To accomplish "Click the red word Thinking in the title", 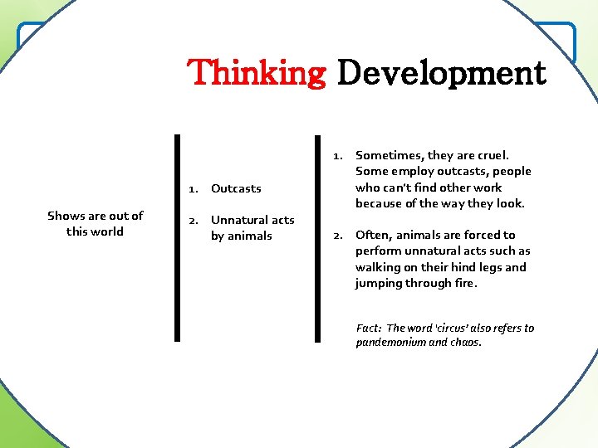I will tap(257, 73).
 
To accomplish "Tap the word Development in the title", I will tap(441, 73).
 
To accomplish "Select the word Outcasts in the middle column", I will tap(236, 188).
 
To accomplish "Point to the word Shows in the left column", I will tap(65, 216).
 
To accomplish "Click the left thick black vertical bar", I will tap(177, 238).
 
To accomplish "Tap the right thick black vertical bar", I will tap(317, 238).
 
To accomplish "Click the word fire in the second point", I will tap(466, 283).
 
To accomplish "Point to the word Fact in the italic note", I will tap(368, 328).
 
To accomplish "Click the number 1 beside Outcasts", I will tap(192, 188).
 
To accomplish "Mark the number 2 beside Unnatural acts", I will tap(193, 220).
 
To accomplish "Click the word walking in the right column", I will tap(378, 267).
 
